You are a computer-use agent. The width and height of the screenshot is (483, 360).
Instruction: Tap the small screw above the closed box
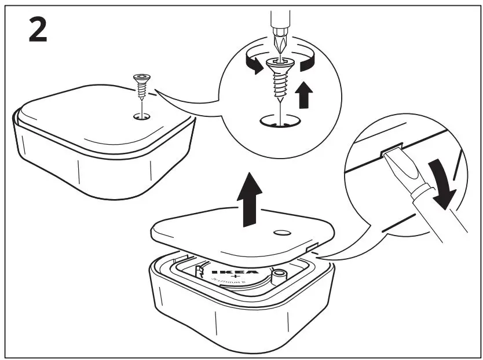[x=140, y=87]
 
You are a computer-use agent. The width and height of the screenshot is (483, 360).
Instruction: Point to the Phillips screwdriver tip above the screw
[x=279, y=43]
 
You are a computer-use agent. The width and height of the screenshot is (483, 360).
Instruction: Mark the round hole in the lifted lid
[x=281, y=232]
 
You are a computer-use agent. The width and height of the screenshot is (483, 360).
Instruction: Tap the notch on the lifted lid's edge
[x=310, y=248]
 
